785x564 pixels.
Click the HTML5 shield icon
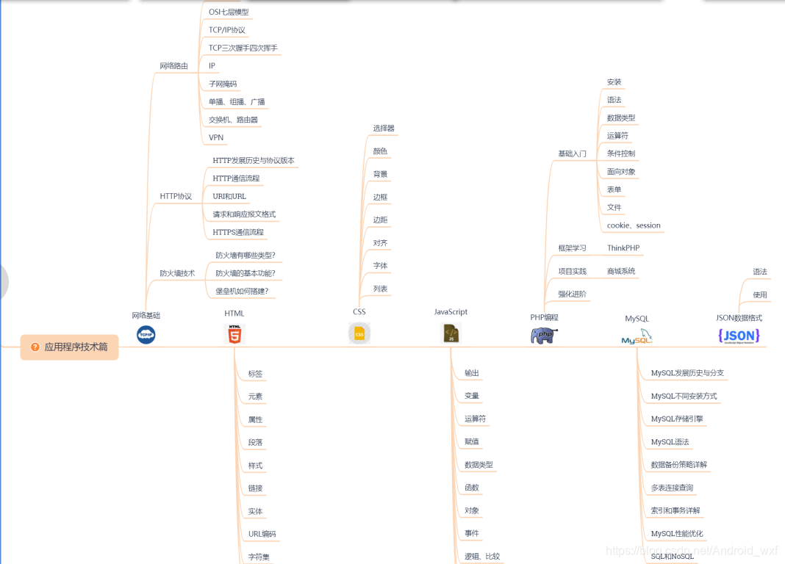coord(234,335)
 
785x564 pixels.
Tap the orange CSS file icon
coord(359,333)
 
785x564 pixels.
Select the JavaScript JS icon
coord(451,334)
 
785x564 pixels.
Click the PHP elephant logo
coord(544,336)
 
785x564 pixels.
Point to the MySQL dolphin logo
coord(637,337)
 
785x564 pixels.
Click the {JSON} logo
coord(739,336)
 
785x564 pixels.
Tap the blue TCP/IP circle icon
coord(146,335)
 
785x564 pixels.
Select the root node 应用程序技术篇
coord(70,347)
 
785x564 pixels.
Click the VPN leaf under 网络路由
coord(216,137)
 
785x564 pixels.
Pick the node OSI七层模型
coord(229,12)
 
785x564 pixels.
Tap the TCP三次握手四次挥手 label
coord(243,48)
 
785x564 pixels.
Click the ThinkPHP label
coord(623,248)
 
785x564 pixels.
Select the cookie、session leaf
coord(634,225)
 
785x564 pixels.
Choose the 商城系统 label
coord(621,271)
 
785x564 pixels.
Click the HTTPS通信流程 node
coord(238,232)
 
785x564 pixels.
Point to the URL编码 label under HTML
coord(262,534)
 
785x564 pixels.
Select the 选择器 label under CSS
coord(384,128)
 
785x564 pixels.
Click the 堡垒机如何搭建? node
coord(242,291)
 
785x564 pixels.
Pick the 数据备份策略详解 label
coord(679,465)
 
